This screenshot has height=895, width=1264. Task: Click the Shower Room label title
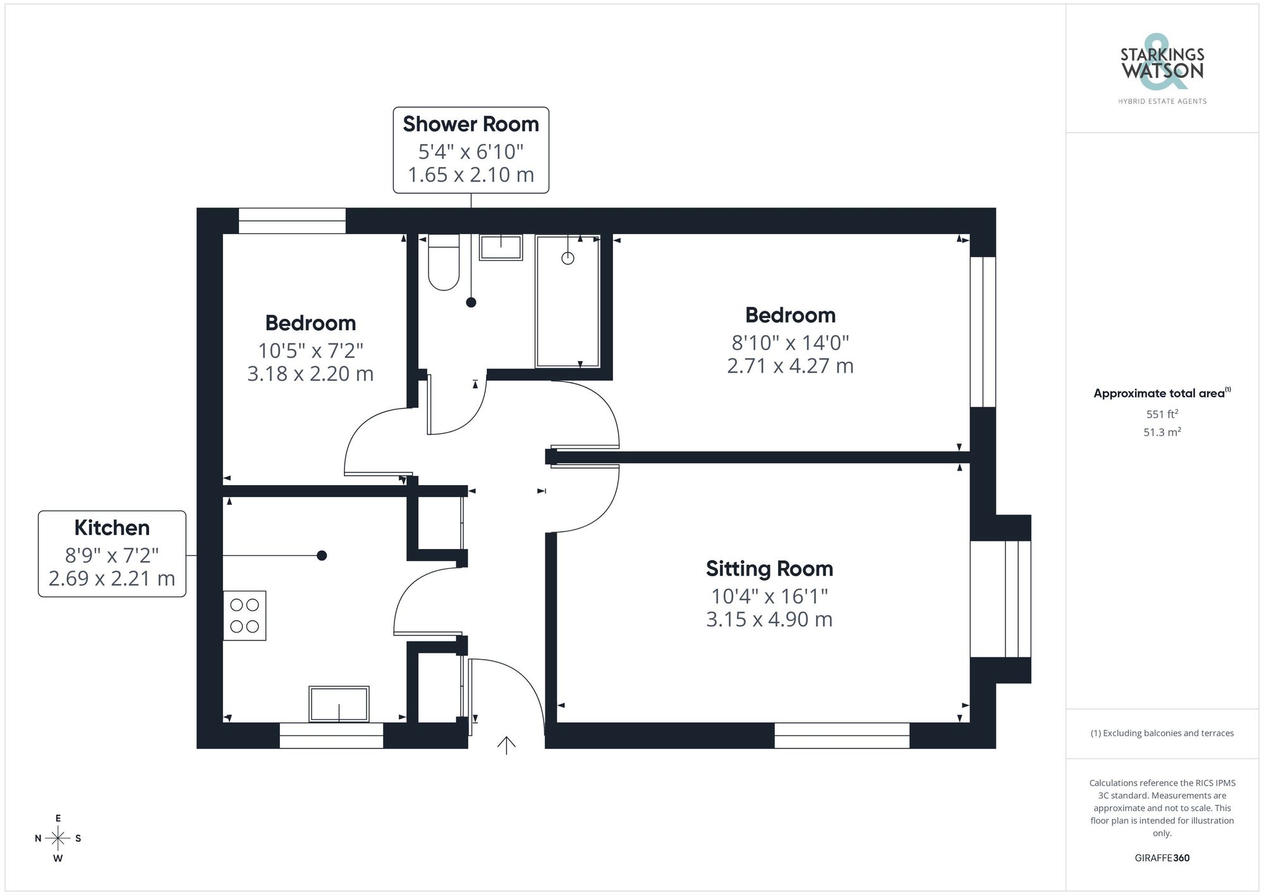point(471,124)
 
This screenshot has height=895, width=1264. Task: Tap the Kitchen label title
point(112,528)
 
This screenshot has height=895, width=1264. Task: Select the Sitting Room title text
point(769,569)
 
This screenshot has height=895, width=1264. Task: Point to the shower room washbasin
point(501,247)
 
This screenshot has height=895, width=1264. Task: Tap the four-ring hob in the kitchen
point(245,615)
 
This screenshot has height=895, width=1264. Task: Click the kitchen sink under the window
point(339,703)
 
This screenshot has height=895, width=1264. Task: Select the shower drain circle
point(568,258)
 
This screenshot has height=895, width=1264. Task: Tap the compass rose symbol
point(58,839)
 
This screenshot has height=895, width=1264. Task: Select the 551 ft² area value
point(1162,414)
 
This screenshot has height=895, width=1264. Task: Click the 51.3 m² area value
point(1162,433)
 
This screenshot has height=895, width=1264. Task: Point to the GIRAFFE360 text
point(1162,858)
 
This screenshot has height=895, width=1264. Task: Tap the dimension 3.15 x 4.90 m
point(769,619)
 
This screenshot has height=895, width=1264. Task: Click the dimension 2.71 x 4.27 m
point(790,366)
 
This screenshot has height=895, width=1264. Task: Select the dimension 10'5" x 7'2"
point(310,350)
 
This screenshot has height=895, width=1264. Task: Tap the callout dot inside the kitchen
point(322,555)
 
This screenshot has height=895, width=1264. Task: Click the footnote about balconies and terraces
point(1162,733)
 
